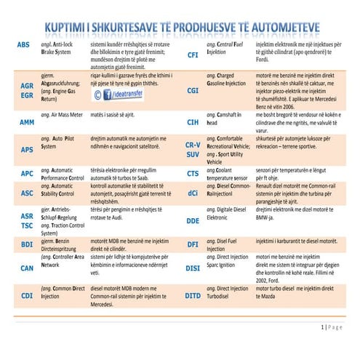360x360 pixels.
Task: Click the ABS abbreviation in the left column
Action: coord(23,45)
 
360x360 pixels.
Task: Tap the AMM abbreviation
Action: coord(28,121)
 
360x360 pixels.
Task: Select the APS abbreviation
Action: coord(27,149)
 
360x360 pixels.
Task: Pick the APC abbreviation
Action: coord(27,174)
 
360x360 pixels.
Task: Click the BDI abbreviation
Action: coord(27,244)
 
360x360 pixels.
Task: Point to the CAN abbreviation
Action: coord(27,268)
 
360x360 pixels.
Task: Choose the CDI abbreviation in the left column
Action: coord(27,295)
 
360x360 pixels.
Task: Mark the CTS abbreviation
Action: coord(193,174)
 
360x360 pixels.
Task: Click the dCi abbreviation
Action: coord(193,193)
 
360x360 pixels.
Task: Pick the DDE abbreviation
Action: coord(193,220)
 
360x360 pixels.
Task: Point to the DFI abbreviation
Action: coord(193,245)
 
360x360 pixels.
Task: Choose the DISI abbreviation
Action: coord(193,268)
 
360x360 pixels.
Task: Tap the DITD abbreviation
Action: coord(193,295)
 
